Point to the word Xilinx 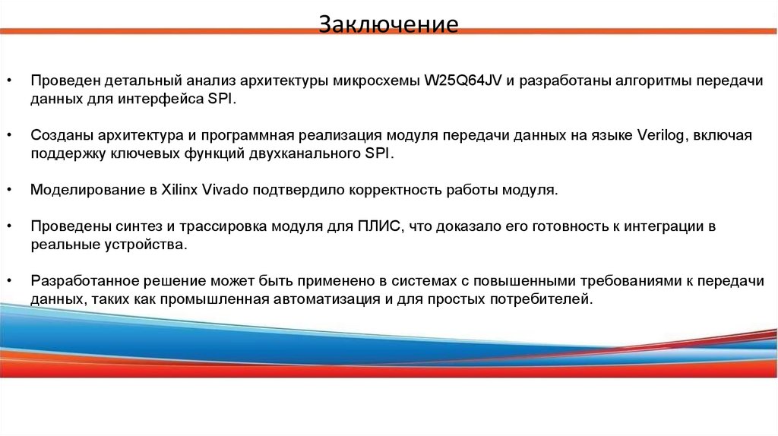(179, 190)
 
